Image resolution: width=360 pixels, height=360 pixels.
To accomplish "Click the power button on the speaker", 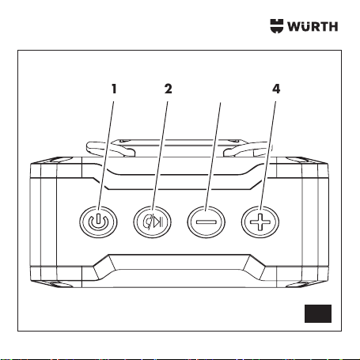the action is pyautogui.click(x=98, y=222).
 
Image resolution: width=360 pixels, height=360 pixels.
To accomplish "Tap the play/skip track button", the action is pyautogui.click(x=152, y=222).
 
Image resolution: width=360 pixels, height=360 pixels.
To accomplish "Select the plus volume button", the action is pyautogui.click(x=260, y=222).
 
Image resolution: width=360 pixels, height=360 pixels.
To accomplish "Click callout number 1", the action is pyautogui.click(x=114, y=89).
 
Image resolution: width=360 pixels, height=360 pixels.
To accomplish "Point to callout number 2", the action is pyautogui.click(x=169, y=89).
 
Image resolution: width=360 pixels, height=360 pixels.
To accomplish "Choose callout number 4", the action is pyautogui.click(x=276, y=89).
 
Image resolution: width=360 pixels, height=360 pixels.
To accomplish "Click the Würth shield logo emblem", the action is pyautogui.click(x=277, y=26).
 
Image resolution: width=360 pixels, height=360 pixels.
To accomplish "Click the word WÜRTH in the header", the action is pyautogui.click(x=313, y=26).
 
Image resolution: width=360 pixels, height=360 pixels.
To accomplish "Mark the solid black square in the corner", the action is pyautogui.click(x=318, y=313).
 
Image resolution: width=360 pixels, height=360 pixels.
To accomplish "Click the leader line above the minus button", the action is pyautogui.click(x=213, y=157).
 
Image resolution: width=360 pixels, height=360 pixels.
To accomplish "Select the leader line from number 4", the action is pyautogui.click(x=268, y=156).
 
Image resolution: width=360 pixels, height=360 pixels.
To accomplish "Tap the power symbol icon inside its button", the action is pyautogui.click(x=98, y=222).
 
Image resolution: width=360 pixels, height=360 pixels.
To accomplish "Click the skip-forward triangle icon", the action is pyautogui.click(x=158, y=222).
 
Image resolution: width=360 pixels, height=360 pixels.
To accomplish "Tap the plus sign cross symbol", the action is pyautogui.click(x=260, y=222).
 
